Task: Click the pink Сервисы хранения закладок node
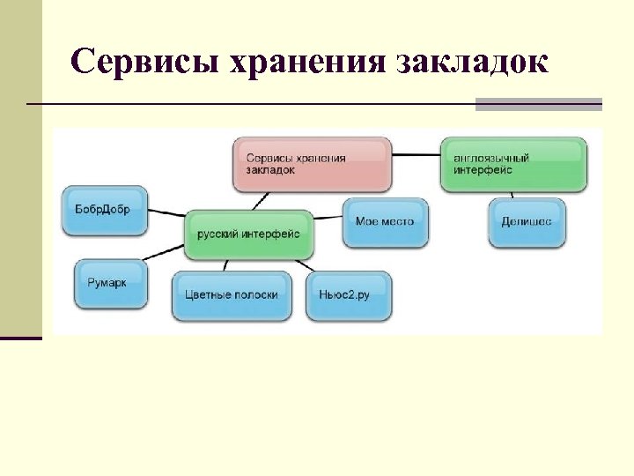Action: click(x=313, y=164)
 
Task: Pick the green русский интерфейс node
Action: click(x=249, y=234)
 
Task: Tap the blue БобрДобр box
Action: click(x=105, y=211)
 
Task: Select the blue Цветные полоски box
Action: click(x=232, y=295)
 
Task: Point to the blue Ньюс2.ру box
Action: click(x=349, y=295)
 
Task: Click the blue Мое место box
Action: click(x=384, y=222)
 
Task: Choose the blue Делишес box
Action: click(x=527, y=222)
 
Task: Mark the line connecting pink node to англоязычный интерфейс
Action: click(x=416, y=155)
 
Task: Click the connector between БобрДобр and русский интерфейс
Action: click(x=166, y=212)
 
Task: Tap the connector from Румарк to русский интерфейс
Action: click(x=167, y=252)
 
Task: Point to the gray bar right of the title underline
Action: click(x=538, y=104)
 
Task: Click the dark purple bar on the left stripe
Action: click(x=20, y=338)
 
